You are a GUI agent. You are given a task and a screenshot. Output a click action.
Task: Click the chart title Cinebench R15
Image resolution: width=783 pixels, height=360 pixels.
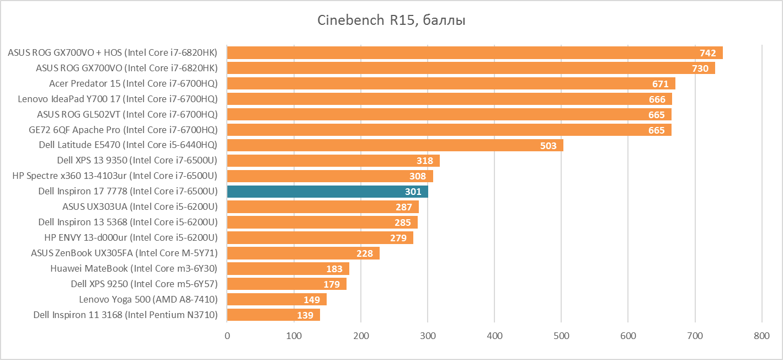391,20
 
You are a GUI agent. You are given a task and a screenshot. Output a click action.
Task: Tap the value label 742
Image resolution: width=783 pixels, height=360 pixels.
707,53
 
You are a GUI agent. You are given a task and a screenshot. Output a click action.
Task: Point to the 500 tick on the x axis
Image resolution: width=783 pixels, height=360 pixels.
561,335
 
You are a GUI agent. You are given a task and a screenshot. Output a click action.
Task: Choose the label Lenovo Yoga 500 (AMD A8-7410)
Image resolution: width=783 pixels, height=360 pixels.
148,299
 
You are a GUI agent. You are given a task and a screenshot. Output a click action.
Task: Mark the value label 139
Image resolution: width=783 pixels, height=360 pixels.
305,315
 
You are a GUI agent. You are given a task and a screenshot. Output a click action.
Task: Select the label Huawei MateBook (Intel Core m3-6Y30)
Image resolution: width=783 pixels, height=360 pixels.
134,268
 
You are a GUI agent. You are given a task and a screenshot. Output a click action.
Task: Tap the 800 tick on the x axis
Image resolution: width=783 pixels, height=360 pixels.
761,335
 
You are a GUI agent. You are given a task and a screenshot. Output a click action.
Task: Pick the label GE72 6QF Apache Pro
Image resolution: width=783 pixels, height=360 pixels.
123,130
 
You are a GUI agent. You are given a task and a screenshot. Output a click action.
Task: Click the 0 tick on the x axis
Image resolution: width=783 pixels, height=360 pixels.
227,335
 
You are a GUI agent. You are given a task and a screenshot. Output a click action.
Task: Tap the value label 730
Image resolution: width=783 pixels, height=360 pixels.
700,68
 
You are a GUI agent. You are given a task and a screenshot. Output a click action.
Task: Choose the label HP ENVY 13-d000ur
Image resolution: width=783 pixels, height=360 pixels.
131,237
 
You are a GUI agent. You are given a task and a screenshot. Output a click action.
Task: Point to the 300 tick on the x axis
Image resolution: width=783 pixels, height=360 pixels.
428,335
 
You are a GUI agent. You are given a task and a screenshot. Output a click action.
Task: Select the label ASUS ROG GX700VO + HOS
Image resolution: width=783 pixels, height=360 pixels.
113,53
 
